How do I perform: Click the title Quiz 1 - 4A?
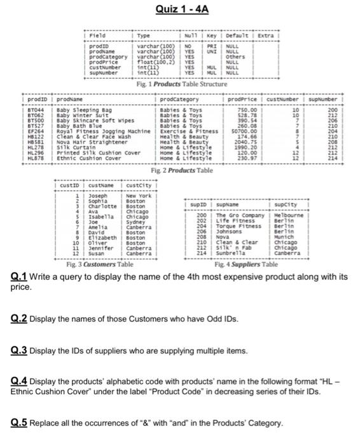tap(179, 9)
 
